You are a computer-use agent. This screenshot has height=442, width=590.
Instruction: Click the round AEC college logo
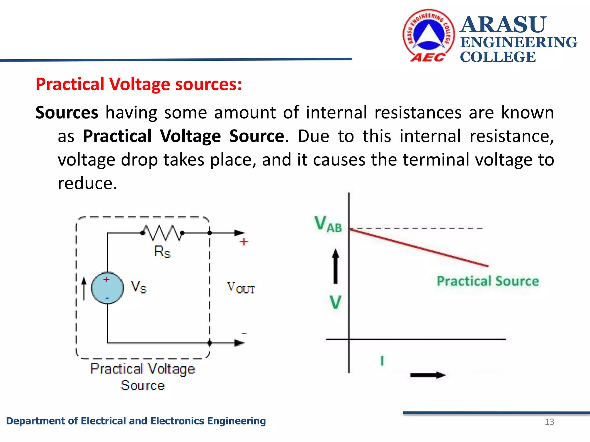click(x=428, y=35)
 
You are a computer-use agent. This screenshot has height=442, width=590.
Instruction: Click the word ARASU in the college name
click(x=503, y=25)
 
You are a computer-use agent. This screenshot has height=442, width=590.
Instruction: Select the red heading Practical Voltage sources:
click(x=139, y=84)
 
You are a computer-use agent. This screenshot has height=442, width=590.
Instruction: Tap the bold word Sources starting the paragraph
click(x=67, y=113)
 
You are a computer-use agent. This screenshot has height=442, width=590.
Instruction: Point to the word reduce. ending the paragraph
click(x=87, y=183)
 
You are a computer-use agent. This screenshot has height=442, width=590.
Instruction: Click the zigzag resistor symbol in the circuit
click(x=162, y=233)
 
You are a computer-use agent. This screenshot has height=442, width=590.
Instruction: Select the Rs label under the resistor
click(x=162, y=252)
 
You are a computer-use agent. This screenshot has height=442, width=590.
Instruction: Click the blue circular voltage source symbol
click(x=107, y=288)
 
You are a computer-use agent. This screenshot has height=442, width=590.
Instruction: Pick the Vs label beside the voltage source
click(x=138, y=287)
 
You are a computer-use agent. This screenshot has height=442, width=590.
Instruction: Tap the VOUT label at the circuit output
click(x=241, y=288)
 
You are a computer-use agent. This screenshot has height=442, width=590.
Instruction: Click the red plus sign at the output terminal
click(x=244, y=242)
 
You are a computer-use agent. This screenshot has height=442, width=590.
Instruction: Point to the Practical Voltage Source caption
click(x=143, y=377)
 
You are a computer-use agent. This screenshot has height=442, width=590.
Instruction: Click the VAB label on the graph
click(x=328, y=224)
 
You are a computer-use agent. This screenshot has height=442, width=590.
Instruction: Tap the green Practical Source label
click(x=487, y=281)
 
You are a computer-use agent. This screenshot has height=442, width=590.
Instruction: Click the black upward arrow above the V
click(x=335, y=266)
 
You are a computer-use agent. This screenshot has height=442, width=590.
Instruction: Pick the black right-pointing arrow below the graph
click(x=428, y=375)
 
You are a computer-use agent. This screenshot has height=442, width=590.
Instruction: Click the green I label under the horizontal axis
click(x=382, y=361)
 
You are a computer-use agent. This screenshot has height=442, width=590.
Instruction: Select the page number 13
click(x=549, y=422)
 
